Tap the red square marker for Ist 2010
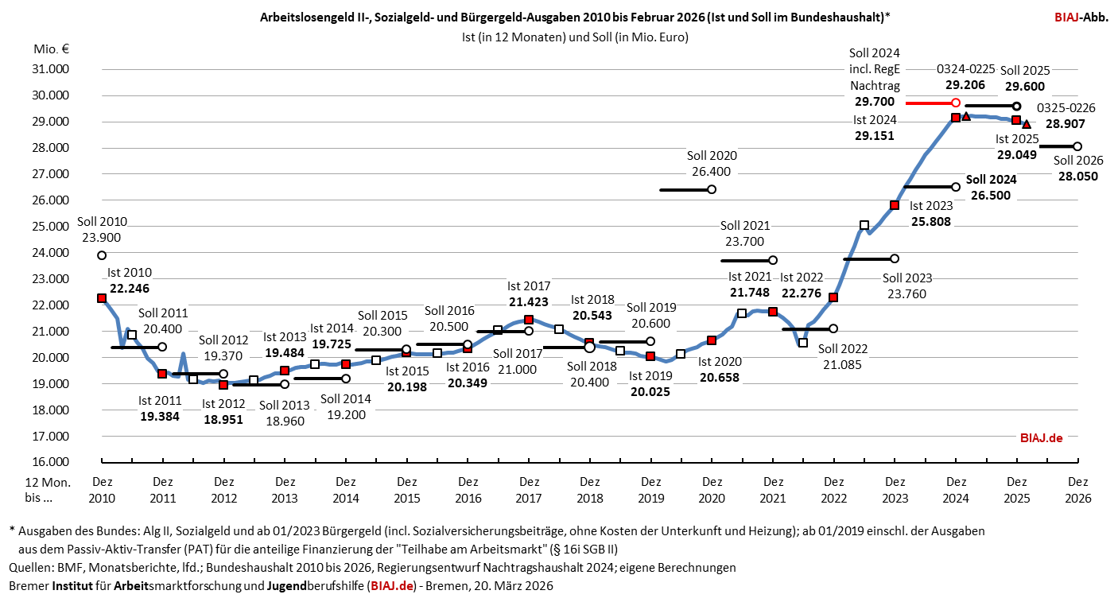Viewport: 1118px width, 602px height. [x=102, y=298]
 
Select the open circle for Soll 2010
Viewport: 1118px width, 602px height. [x=102, y=255]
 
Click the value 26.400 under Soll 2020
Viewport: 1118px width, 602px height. [x=712, y=171]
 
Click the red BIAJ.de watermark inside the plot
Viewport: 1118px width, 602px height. [x=1041, y=437]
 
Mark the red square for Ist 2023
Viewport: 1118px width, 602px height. [x=895, y=205]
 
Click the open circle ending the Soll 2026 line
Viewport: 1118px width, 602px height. [x=1077, y=146]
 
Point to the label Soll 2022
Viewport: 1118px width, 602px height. [x=843, y=348]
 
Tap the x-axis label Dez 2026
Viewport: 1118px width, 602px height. [x=1077, y=489]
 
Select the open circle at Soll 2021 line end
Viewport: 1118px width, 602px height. [x=772, y=260]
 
